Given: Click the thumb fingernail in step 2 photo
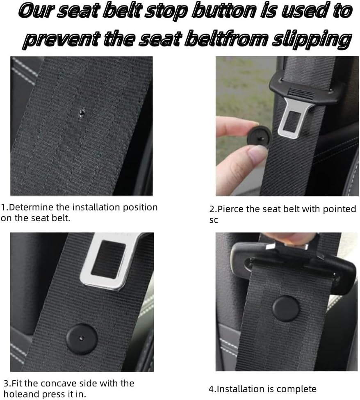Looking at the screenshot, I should (258, 155).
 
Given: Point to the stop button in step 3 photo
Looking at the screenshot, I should (82, 339).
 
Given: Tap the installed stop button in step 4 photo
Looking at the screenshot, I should (286, 309).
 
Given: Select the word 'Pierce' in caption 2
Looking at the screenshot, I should (230, 209).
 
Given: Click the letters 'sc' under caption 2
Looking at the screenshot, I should (214, 220).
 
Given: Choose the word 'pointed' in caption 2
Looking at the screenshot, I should (340, 209).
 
